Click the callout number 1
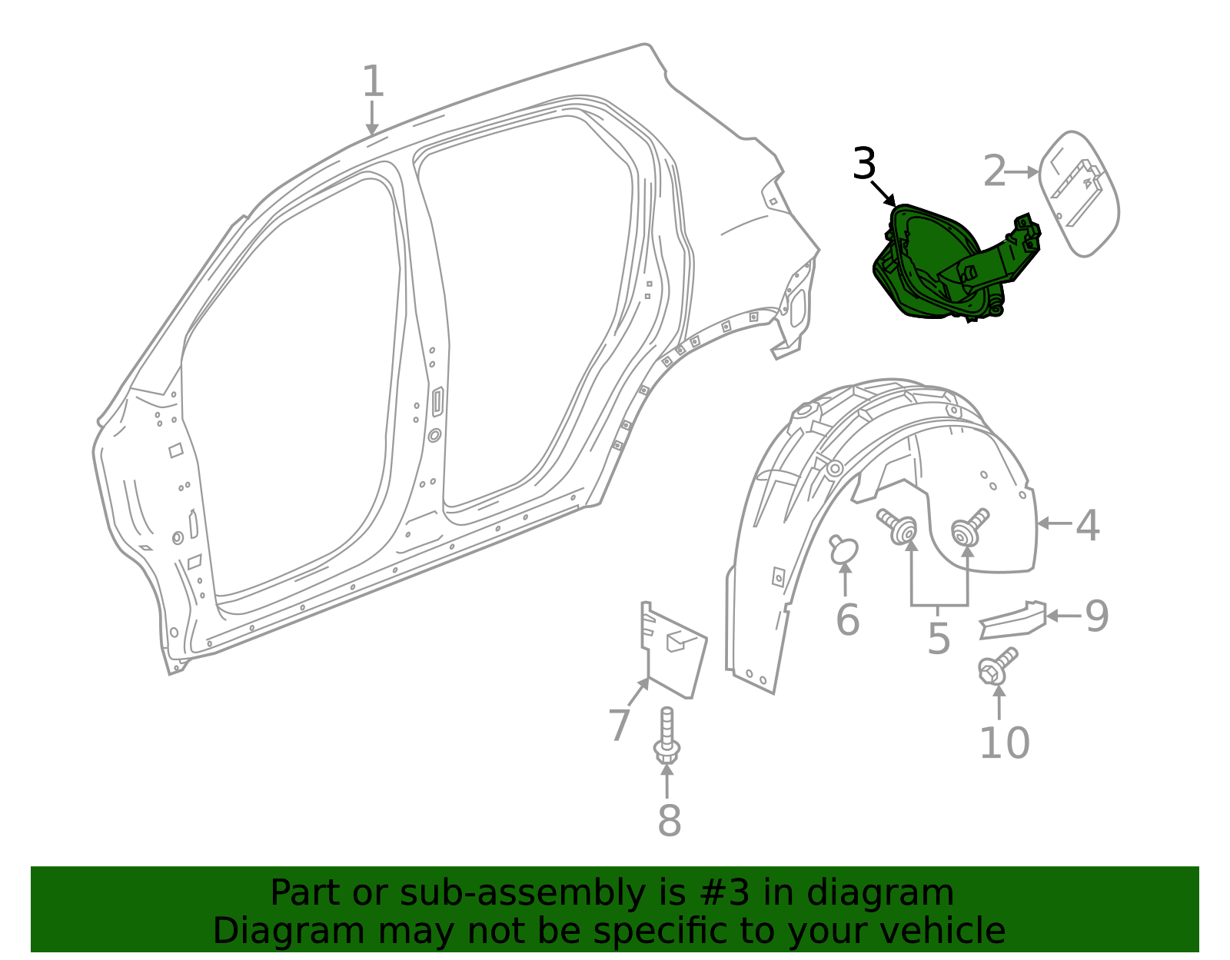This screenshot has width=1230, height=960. click(373, 81)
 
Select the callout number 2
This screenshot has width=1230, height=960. click(995, 171)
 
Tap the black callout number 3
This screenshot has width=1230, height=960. click(864, 164)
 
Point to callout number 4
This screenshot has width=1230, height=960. click(1087, 526)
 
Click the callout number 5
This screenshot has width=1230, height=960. click(939, 639)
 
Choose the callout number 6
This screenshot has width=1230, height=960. click(847, 620)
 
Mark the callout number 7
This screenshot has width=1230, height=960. click(619, 725)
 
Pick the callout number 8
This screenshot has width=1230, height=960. click(669, 820)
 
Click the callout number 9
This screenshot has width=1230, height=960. click(1096, 616)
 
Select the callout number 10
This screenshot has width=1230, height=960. click(1005, 742)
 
